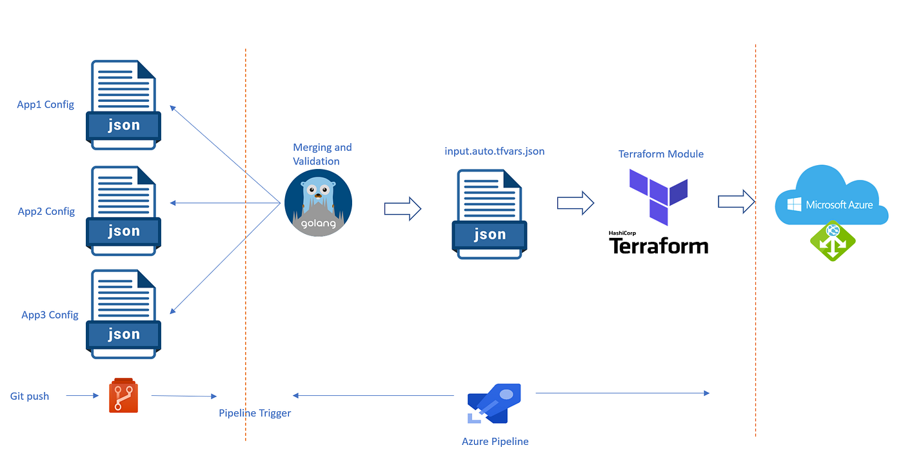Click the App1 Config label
coord(46,104)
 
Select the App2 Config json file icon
coord(123,211)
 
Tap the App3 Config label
coord(50,315)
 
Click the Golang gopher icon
coord(318,202)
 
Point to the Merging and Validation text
coord(322,154)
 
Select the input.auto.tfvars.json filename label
coord(494,151)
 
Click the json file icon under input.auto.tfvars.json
coord(490,214)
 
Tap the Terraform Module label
coord(660,154)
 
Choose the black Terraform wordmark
coord(658,246)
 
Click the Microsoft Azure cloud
coord(831,196)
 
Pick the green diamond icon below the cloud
coord(833,240)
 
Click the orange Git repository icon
coord(123,395)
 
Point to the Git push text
coord(30,396)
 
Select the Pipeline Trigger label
coord(255,413)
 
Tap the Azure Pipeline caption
coord(495,442)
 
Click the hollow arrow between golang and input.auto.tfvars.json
coord(402,208)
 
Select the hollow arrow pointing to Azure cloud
coord(737,201)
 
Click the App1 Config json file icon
coord(123,104)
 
